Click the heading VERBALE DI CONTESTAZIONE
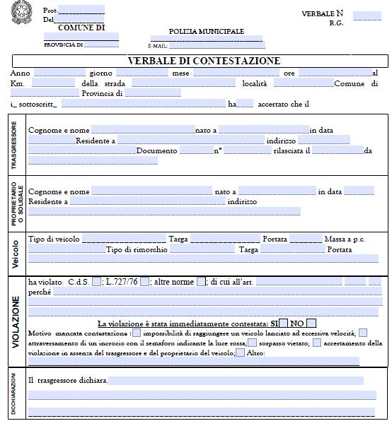pyautogui.click(x=204, y=61)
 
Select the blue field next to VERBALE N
pyautogui.click(x=367, y=16)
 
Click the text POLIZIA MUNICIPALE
pyautogui.click(x=206, y=32)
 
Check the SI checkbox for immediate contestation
pyautogui.click(x=284, y=324)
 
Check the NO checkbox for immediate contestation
pyautogui.click(x=311, y=324)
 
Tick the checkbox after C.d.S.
pyautogui.click(x=97, y=282)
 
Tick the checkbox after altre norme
pyautogui.click(x=201, y=282)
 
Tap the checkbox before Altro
pyautogui.click(x=241, y=352)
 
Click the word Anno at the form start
pyautogui.click(x=21, y=73)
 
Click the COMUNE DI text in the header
pyautogui.click(x=81, y=28)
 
